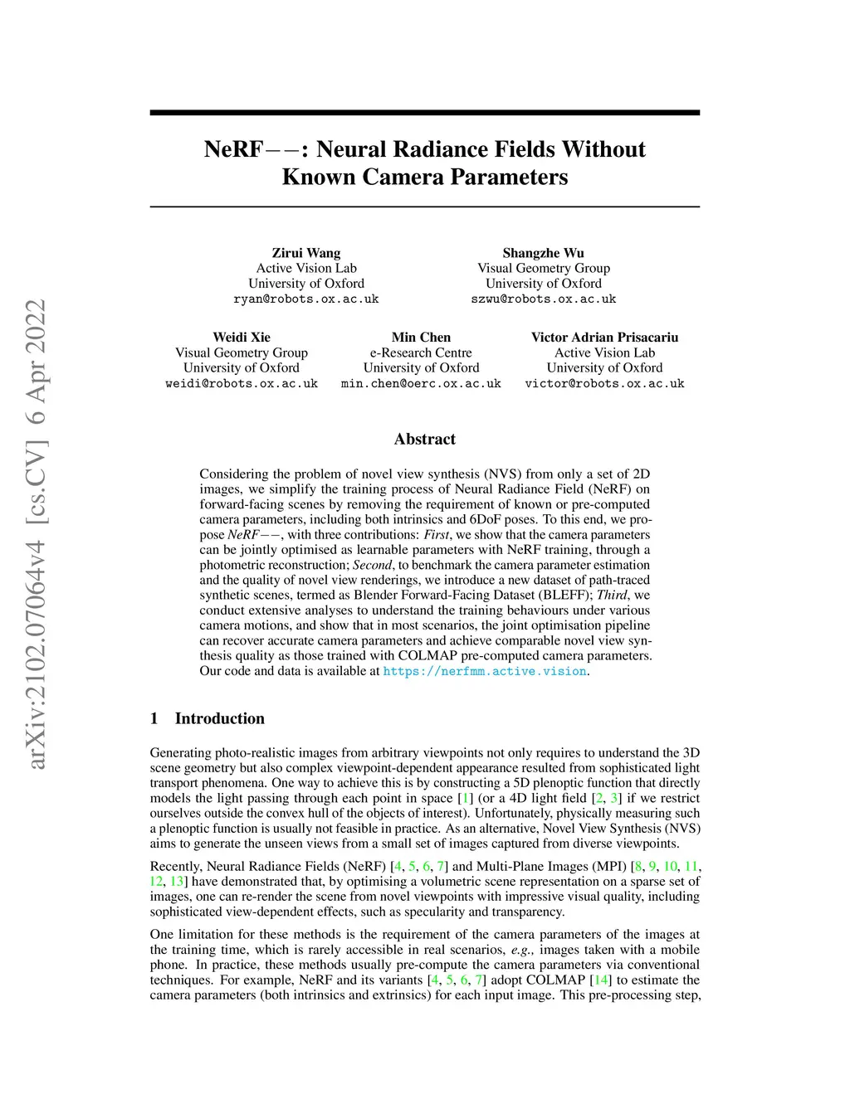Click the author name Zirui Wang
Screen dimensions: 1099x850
[x=306, y=253]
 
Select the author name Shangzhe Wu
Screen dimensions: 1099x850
[x=543, y=253]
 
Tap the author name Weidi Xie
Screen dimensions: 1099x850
[x=242, y=338]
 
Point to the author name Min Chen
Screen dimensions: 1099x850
[x=421, y=338]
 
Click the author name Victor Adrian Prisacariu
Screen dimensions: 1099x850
[x=604, y=338]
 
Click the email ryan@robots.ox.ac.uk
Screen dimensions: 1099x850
[x=306, y=299]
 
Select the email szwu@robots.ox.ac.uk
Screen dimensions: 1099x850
[x=543, y=299]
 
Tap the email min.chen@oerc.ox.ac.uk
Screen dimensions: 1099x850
[x=421, y=383]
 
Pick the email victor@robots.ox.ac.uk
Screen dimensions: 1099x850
[x=604, y=383]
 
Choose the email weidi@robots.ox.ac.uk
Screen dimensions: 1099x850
[x=242, y=383]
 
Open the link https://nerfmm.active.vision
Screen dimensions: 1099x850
[x=484, y=671]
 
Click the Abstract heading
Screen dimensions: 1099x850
[x=424, y=439]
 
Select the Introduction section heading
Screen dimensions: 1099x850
[x=219, y=718]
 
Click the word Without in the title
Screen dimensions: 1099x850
[x=603, y=149]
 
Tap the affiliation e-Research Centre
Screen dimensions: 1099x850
[x=421, y=353]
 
